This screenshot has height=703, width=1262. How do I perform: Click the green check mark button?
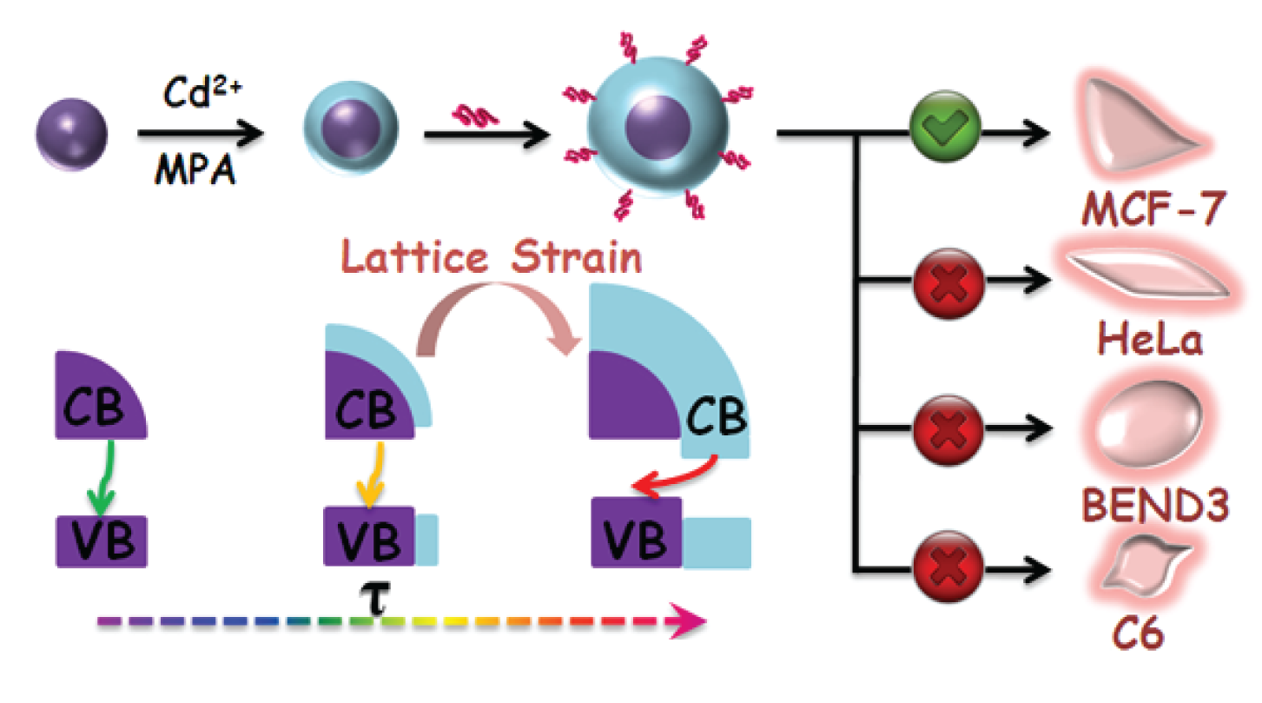(946, 134)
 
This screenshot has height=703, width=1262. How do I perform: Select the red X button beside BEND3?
(946, 428)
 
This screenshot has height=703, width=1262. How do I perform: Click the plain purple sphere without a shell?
(72, 134)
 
